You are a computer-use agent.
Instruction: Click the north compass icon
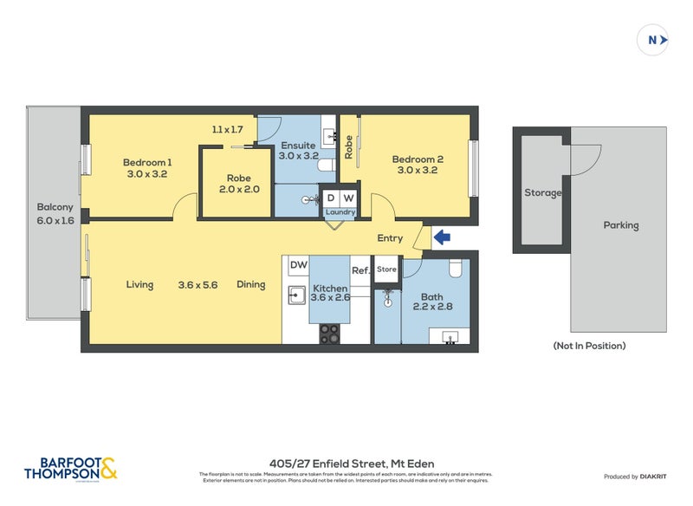pyautogui.click(x=653, y=39)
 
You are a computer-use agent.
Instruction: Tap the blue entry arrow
pyautogui.click(x=441, y=237)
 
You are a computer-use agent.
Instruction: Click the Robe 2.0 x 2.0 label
pyautogui.click(x=238, y=183)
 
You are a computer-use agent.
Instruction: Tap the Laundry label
pyautogui.click(x=340, y=211)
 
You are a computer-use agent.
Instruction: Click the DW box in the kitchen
pyautogui.click(x=298, y=265)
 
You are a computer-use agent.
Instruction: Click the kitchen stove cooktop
pyautogui.click(x=329, y=333)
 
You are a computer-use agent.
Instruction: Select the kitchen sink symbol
pyautogui.click(x=297, y=295)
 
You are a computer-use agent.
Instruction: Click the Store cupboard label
pyautogui.click(x=386, y=269)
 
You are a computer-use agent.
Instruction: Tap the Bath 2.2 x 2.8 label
pyautogui.click(x=431, y=302)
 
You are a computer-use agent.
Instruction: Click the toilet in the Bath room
pyautogui.click(x=457, y=266)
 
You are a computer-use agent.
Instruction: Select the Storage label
pyautogui.click(x=542, y=192)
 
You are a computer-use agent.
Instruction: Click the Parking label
pyautogui.click(x=620, y=225)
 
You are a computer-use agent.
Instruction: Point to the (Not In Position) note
pyautogui.click(x=589, y=346)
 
